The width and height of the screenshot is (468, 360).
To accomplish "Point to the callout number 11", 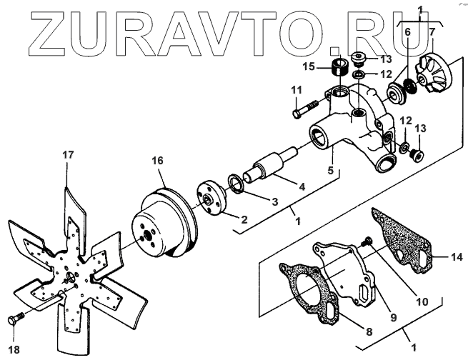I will tap(296, 90).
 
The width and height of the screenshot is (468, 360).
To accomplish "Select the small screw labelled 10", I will tap(369, 242).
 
